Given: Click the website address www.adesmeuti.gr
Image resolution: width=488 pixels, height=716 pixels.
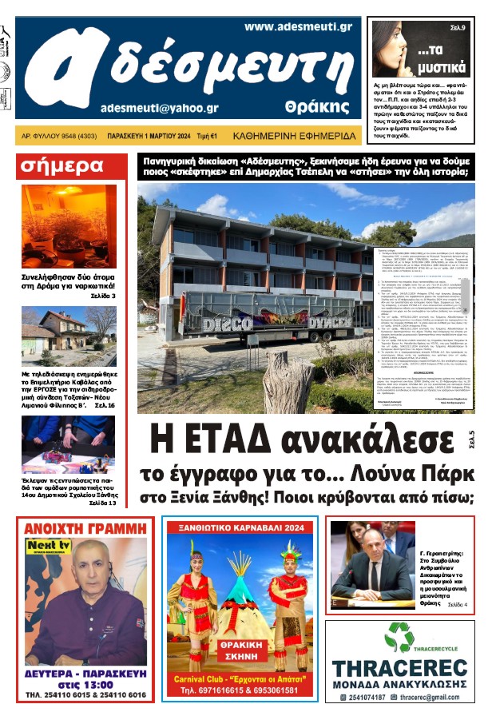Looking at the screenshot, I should click(298, 26).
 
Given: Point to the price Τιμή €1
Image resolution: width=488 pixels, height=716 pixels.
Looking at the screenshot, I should click(209, 137).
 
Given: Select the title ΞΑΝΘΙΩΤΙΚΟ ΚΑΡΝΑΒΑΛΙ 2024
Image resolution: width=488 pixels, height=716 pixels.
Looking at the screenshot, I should click(240, 528).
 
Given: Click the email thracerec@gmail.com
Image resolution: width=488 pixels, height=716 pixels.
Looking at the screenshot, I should click(431, 698).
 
